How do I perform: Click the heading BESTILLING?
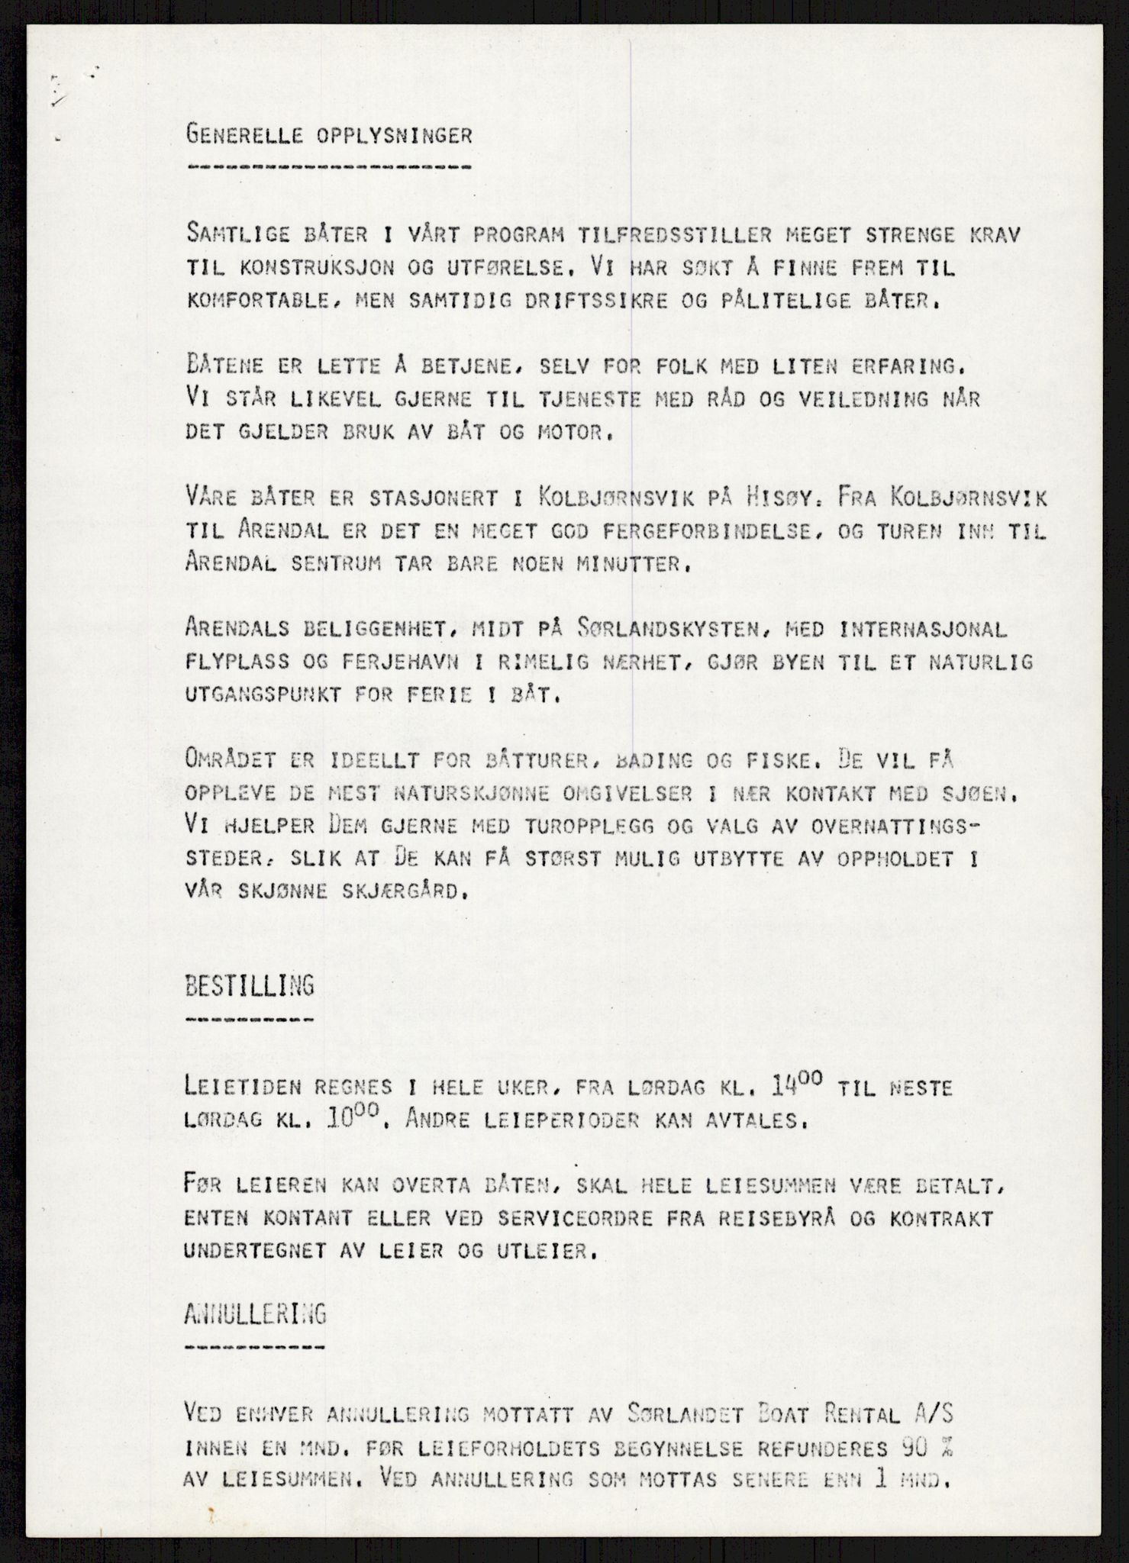coord(250,985)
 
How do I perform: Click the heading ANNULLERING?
coord(255,1313)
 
